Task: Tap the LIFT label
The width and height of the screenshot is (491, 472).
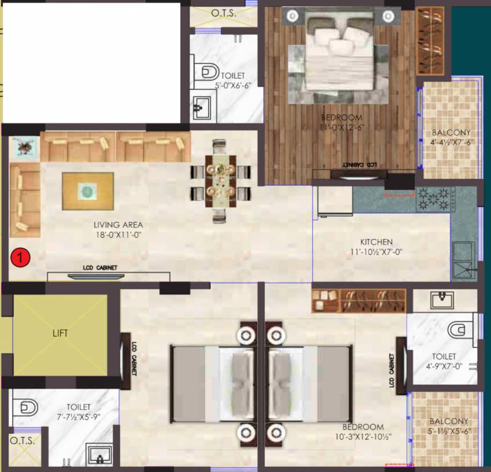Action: click(x=60, y=334)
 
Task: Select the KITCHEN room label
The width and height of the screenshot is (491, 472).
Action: click(x=376, y=242)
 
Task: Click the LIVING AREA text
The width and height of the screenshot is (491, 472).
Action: click(x=118, y=225)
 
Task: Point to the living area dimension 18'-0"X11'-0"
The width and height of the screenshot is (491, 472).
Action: click(x=118, y=234)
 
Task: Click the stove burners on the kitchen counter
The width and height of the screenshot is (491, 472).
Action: click(x=433, y=198)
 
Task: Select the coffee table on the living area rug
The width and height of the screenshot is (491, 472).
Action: click(x=87, y=191)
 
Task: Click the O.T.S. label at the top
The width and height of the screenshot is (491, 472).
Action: click(x=222, y=12)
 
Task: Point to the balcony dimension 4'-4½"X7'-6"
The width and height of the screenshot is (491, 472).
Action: click(x=450, y=142)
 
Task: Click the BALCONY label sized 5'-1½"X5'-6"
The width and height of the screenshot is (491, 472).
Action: click(x=450, y=421)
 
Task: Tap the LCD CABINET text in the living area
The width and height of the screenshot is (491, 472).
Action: click(x=100, y=268)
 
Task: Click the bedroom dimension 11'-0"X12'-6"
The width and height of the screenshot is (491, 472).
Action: click(x=341, y=127)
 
